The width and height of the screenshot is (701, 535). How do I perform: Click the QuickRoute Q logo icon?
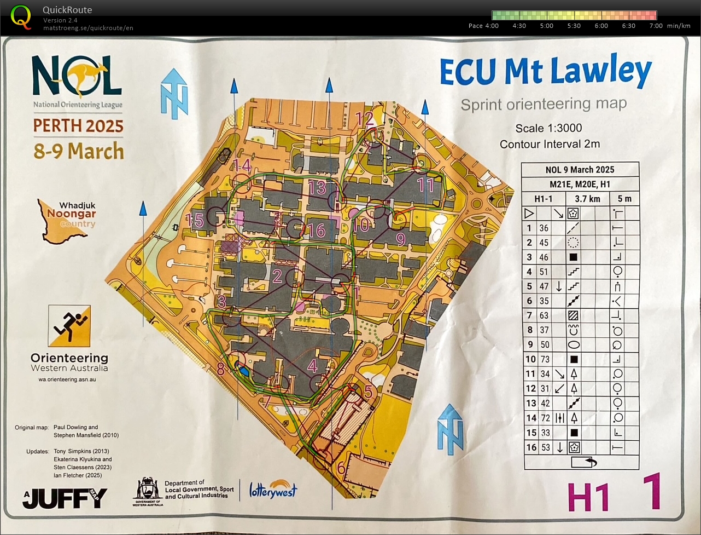tap(21, 16)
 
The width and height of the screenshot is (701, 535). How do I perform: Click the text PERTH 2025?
tap(78, 125)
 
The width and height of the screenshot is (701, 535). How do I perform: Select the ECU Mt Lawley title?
tap(545, 72)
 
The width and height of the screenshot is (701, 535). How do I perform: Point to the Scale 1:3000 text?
tap(548, 128)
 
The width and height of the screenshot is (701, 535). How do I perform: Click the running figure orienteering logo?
tap(69, 326)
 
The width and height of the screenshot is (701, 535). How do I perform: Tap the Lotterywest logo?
tap(273, 489)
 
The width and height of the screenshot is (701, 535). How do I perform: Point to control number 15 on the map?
tap(195, 220)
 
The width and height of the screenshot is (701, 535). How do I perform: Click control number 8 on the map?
tap(220, 369)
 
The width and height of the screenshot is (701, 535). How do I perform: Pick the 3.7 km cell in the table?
tap(587, 199)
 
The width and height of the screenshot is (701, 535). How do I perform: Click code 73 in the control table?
tap(545, 359)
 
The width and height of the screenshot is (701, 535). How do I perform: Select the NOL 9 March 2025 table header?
tap(580, 170)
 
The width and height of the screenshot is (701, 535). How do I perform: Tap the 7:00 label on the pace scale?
tap(656, 26)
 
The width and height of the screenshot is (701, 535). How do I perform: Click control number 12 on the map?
tap(364, 118)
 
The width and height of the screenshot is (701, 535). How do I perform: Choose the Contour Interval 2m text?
tap(550, 144)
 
